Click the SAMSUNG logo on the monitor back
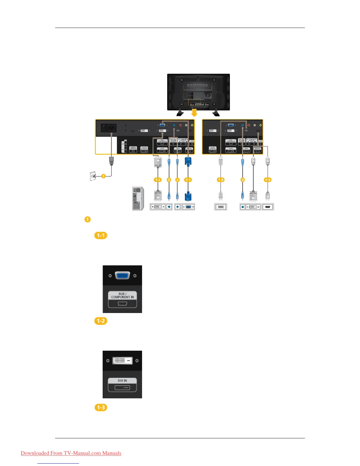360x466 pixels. coord(198,86)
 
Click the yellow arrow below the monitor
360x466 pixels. coord(194,113)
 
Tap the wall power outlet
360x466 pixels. coord(92,176)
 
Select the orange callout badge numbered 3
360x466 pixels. coord(103,176)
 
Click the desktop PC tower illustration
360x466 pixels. coord(138,199)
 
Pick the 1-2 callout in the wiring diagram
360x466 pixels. coord(158,180)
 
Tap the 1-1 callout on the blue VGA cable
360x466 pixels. coord(188,180)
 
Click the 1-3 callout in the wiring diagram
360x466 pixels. coord(221,180)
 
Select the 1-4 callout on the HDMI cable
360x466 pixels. coord(268,180)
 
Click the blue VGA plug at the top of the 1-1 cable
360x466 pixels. coord(188,162)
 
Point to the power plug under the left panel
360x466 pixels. coord(111,161)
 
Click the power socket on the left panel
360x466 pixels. coord(112,128)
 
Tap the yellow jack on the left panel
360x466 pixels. coord(192,125)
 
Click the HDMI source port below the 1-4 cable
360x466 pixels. coord(268,207)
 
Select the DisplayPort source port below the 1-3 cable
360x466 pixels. coord(221,207)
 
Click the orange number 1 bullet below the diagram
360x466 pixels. coord(87,219)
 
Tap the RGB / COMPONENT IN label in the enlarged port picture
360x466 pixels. coord(122,295)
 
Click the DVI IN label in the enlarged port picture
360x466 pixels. coord(122,381)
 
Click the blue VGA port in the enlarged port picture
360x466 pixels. coord(122,276)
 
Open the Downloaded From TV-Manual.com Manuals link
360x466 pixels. coord(71,453)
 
